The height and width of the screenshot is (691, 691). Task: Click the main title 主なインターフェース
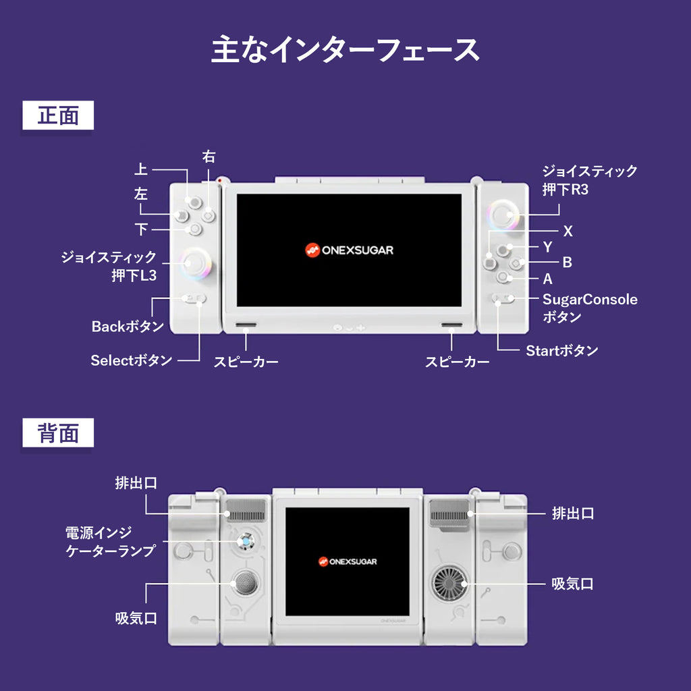345,51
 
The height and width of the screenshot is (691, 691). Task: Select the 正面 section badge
58,115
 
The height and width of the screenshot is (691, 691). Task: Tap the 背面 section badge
58,433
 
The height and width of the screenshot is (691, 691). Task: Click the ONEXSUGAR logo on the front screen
348,250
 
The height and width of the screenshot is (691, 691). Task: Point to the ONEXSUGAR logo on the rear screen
348,561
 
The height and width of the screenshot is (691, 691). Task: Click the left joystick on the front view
196,262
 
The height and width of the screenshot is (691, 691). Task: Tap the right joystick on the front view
502,215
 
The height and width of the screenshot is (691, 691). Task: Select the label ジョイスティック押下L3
109,266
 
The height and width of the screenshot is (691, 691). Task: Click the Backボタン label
128,327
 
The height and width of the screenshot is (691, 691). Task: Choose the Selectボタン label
132,360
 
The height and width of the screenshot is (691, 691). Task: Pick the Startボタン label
561,350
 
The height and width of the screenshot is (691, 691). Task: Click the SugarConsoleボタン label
589,308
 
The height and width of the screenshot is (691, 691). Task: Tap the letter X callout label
568,231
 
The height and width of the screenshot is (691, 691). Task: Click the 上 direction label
141,169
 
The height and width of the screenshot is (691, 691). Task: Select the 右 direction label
209,157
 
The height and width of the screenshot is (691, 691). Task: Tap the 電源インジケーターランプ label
110,541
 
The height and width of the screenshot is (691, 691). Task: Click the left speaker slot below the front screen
246,326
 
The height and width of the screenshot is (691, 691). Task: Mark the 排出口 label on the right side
572,514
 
